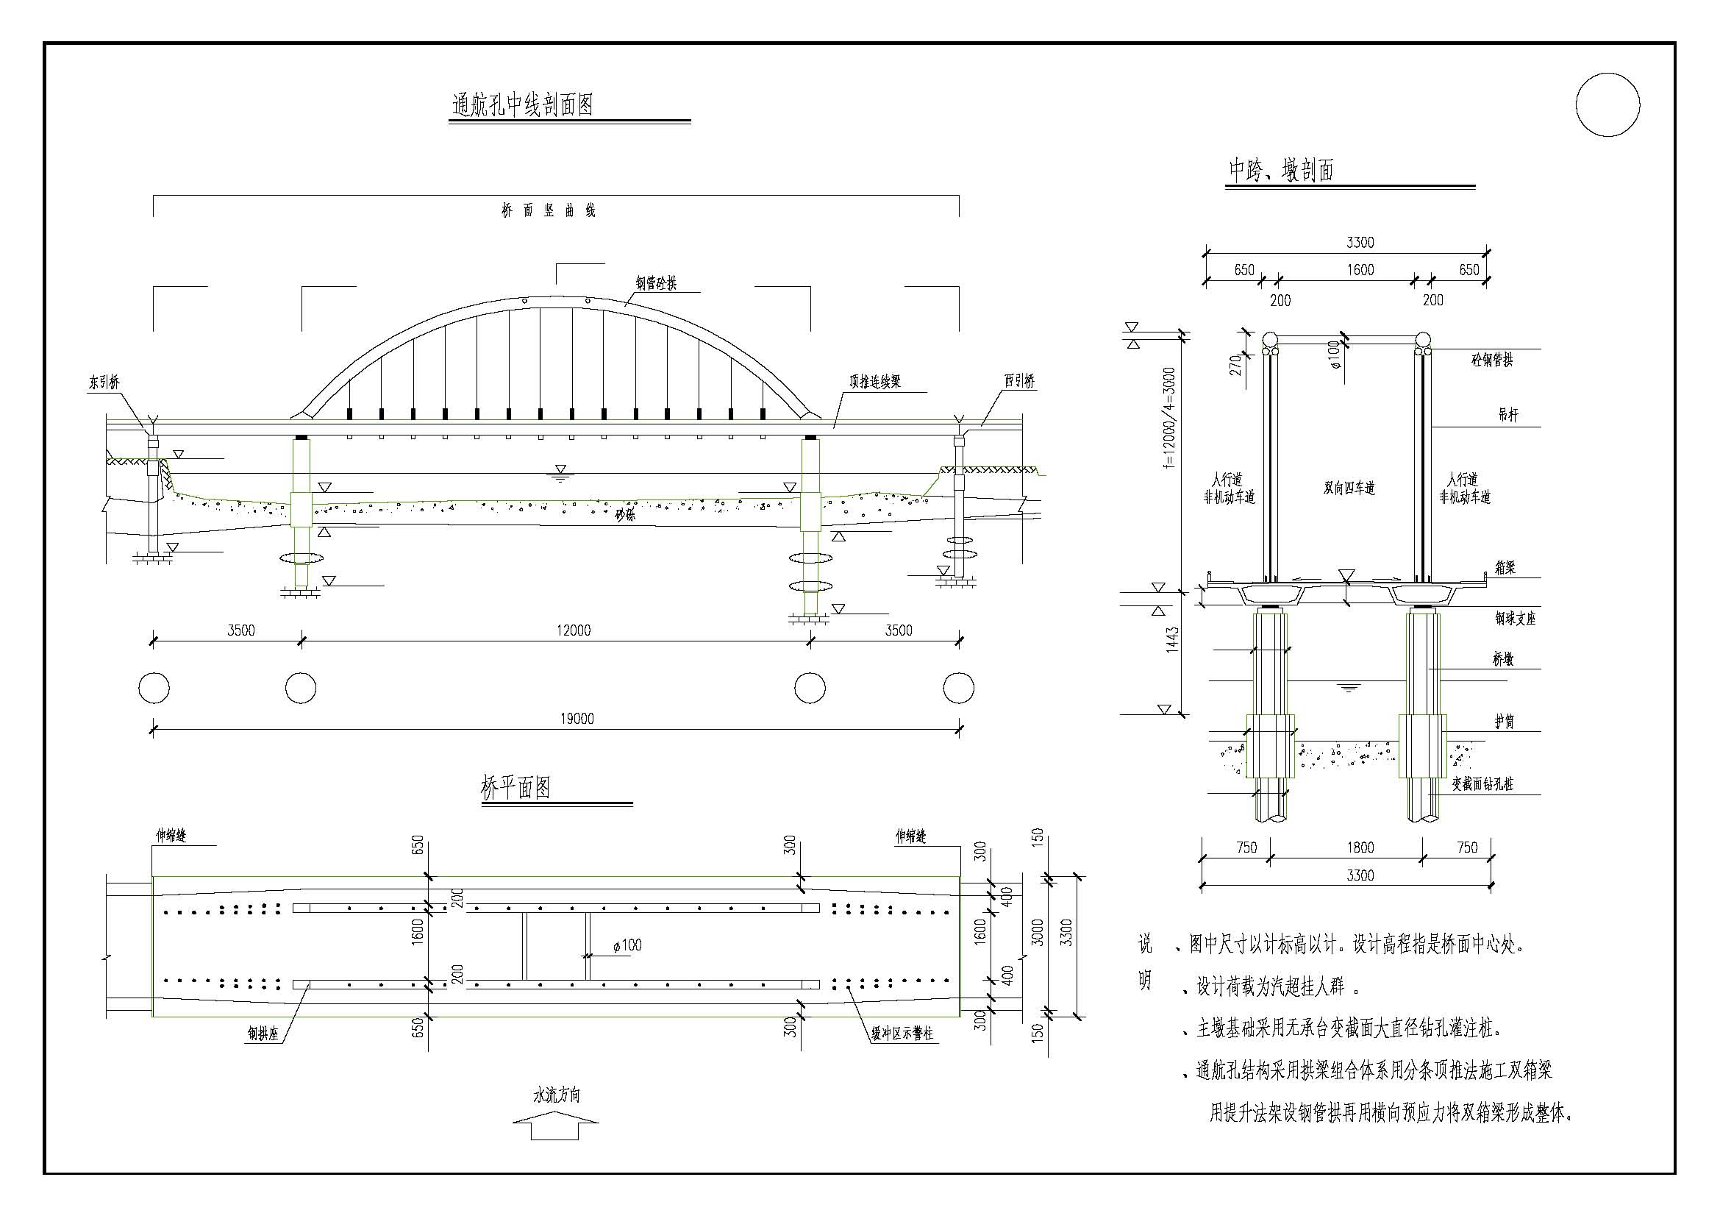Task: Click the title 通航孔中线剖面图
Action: click(x=522, y=105)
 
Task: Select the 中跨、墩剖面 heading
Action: click(x=1281, y=171)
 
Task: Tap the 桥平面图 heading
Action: click(x=515, y=787)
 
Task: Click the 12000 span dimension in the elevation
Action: click(x=573, y=630)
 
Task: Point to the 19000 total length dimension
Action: click(x=577, y=719)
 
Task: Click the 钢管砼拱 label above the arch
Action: click(x=656, y=283)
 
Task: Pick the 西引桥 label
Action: click(x=1019, y=380)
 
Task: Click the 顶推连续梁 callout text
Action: click(x=874, y=381)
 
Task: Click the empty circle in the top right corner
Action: click(x=1607, y=105)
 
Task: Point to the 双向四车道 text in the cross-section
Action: click(x=1349, y=488)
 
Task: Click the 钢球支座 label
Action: click(x=1515, y=618)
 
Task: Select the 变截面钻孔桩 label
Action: click(x=1482, y=783)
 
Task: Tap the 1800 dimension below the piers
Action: click(x=1360, y=847)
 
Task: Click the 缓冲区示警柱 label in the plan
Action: click(x=902, y=1034)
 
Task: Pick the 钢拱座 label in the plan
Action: click(x=264, y=1035)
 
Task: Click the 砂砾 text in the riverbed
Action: click(x=625, y=515)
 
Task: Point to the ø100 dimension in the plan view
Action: click(x=627, y=945)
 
